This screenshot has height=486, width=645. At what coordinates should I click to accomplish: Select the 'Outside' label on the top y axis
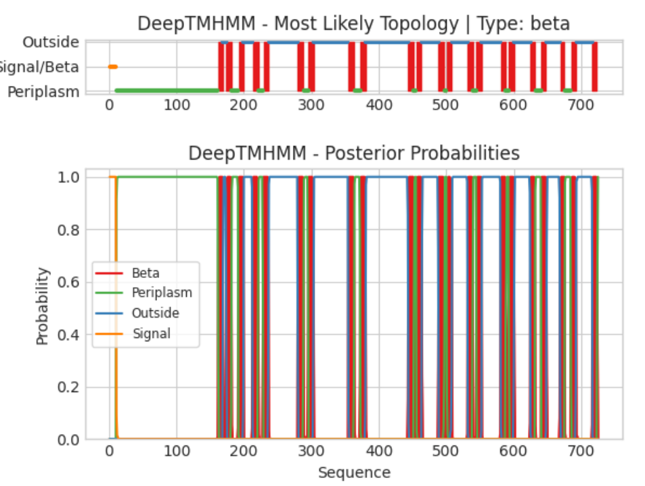51,43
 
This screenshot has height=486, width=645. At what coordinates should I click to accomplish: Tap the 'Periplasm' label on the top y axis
43,91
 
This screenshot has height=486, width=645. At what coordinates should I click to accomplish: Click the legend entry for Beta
146,273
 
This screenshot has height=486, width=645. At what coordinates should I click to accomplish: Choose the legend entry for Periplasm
162,293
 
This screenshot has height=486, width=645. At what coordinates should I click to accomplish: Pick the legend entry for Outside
155,313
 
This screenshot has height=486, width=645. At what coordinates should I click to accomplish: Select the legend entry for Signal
151,333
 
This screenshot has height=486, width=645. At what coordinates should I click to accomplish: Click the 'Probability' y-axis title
43,306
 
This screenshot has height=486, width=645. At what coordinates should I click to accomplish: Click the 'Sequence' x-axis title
354,472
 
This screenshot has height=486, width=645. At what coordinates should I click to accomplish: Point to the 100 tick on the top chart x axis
177,105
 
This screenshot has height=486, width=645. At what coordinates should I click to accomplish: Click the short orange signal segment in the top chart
112,66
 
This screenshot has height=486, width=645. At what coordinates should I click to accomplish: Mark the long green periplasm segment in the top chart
166,91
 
